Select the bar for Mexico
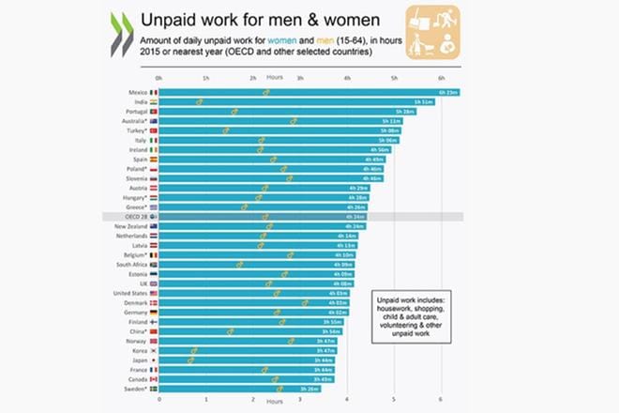click(x=310, y=92)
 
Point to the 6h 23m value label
click(x=448, y=92)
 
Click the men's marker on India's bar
click(x=200, y=101)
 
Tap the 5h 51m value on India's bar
click(x=422, y=101)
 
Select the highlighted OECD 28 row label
click(x=133, y=217)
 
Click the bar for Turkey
click(x=280, y=130)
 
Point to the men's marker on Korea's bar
click(x=193, y=350)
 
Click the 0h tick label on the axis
click(x=159, y=79)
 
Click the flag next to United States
click(x=154, y=293)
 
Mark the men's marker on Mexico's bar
click(x=266, y=92)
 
